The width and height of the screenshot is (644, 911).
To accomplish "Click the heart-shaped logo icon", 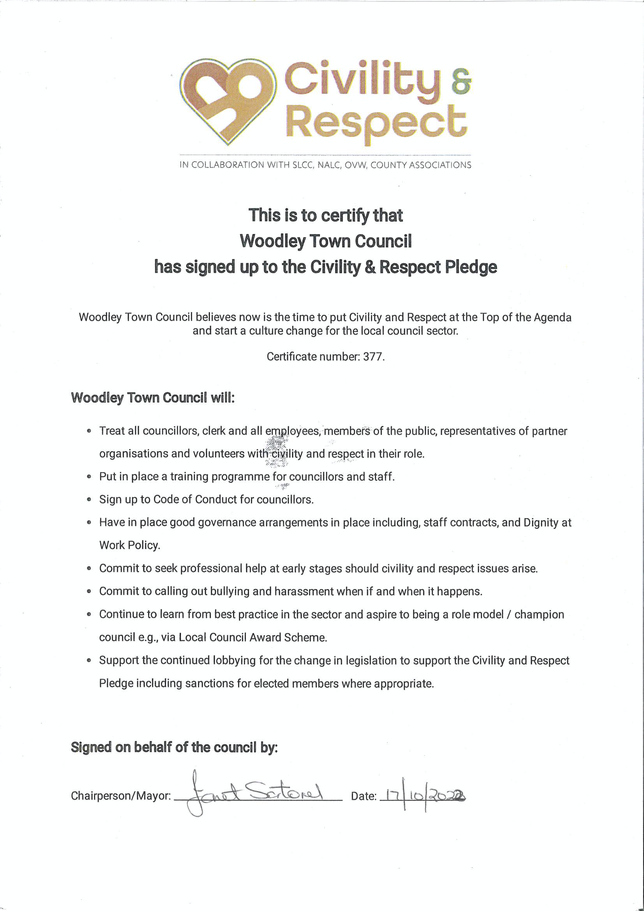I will pyautogui.click(x=227, y=100).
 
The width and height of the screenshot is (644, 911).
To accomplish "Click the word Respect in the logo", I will pyautogui.click(x=376, y=121).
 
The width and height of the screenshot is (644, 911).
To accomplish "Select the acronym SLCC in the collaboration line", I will pyautogui.click(x=303, y=165).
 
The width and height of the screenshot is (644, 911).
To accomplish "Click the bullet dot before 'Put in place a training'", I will pyautogui.click(x=89, y=477).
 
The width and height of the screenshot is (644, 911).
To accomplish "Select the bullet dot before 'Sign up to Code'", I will pyautogui.click(x=89, y=500).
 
